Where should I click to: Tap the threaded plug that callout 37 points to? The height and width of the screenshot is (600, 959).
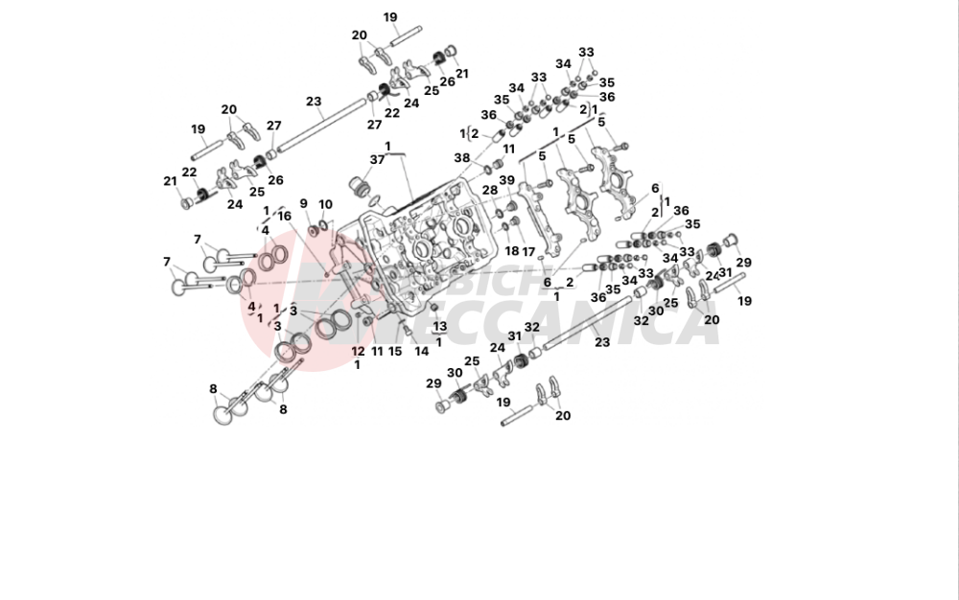363,185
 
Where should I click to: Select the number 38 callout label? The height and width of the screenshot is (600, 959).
462,158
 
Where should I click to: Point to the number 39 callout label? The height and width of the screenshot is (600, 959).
506,180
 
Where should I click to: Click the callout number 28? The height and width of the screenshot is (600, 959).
490,191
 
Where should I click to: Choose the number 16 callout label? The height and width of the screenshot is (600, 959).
284,216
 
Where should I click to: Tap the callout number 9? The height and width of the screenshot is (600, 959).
304,203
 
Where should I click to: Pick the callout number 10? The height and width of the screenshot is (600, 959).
325,204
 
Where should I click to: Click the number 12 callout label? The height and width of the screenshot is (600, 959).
358,351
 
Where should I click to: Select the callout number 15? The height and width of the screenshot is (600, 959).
395,351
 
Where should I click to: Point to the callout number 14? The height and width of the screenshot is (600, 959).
422,351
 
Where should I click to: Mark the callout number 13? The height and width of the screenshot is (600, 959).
440,326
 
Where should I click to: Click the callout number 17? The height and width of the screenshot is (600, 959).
528,251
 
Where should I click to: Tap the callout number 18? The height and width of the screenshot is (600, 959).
511,251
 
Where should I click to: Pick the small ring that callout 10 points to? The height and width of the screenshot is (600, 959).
324,226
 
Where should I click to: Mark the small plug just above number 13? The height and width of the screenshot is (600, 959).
433,307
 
